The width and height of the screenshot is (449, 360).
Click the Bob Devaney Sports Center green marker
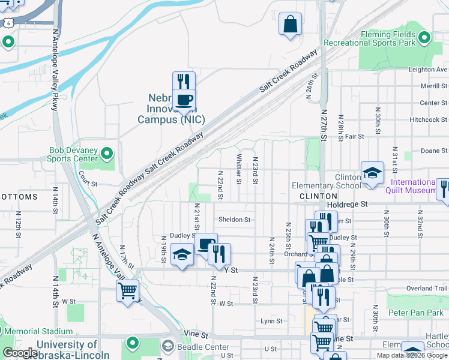[x=107, y=154]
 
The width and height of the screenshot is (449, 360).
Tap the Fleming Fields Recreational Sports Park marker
[x=424, y=38]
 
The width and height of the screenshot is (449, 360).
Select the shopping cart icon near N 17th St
[x=127, y=291]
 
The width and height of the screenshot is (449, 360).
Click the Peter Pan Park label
[x=415, y=313]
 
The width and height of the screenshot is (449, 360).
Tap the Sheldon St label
[x=234, y=220]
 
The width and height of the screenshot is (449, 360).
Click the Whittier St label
[x=239, y=169]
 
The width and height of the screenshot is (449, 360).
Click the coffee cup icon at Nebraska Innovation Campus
[x=184, y=99]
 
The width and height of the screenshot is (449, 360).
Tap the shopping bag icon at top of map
[x=291, y=25]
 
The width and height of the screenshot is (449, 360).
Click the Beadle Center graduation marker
[x=168, y=347]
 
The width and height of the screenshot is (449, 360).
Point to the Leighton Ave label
[x=429, y=70]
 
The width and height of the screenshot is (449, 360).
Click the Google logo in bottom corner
[x=20, y=353]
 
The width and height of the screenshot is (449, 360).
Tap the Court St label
[x=88, y=184]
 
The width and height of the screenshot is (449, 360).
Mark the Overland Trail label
[x=427, y=289]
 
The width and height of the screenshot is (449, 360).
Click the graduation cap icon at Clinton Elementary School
[x=372, y=173]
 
